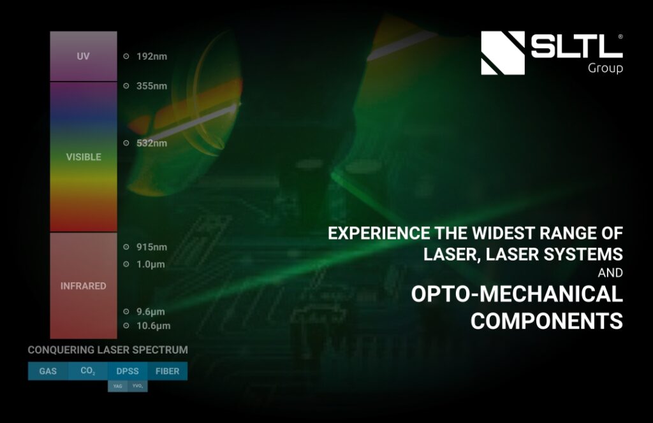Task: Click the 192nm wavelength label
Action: pos(152,56)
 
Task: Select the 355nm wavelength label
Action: pos(152,86)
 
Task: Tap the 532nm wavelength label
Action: pos(152,143)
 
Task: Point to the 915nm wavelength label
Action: pos(152,247)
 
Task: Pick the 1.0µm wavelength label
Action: pos(151,264)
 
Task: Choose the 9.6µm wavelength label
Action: pos(151,312)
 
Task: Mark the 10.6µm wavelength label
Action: pos(153,326)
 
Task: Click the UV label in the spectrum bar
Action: pos(83,56)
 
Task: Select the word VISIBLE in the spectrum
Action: pos(84,157)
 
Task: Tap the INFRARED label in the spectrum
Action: pos(84,286)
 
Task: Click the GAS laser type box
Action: pos(48,371)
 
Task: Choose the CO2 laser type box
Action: pos(88,371)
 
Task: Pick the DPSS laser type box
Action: pos(128,371)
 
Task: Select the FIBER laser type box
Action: pos(167,371)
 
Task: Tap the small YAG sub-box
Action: pos(117,386)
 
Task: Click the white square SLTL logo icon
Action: pos(503,53)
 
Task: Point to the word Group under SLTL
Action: pos(605,68)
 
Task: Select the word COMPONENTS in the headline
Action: pos(547,320)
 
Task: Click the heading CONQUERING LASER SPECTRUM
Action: pos(108,350)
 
